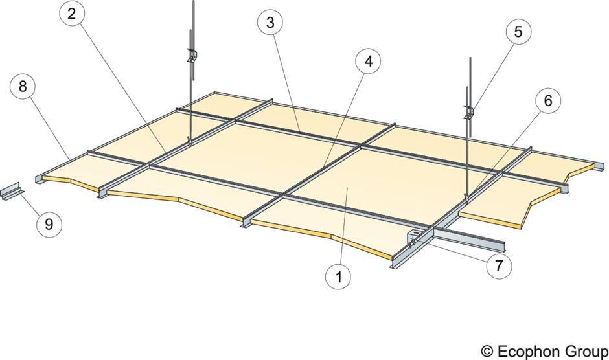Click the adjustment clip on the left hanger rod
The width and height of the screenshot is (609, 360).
pyautogui.click(x=191, y=54)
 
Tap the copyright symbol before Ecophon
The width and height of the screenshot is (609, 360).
pyautogui.click(x=487, y=350)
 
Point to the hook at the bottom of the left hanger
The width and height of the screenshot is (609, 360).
pyautogui.click(x=189, y=140)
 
